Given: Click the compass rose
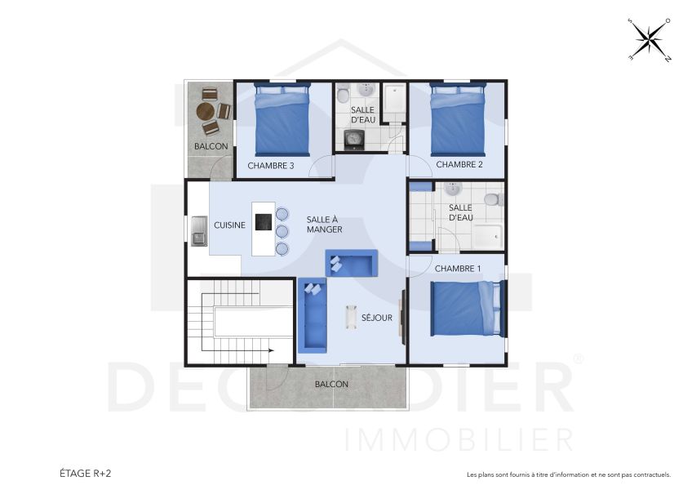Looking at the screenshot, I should point(650,40).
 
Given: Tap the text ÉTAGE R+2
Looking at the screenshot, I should point(84,474).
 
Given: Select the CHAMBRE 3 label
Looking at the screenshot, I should point(271,166).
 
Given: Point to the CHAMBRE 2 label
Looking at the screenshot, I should point(459,165).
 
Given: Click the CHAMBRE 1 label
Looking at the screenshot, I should point(458,269).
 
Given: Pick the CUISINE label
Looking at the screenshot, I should point(229,225).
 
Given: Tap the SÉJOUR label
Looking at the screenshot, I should point(377,318).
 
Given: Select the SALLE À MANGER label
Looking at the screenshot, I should point(324,225).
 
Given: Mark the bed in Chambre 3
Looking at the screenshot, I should point(282,119).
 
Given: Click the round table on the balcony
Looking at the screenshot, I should point(207,112).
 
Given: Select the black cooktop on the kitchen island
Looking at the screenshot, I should point(263,221).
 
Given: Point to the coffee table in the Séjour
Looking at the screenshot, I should point(352,317).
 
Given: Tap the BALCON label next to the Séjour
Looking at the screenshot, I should point(331,384).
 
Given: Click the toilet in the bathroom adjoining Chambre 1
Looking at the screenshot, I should point(491,199).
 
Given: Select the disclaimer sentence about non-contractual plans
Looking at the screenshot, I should point(568,474).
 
